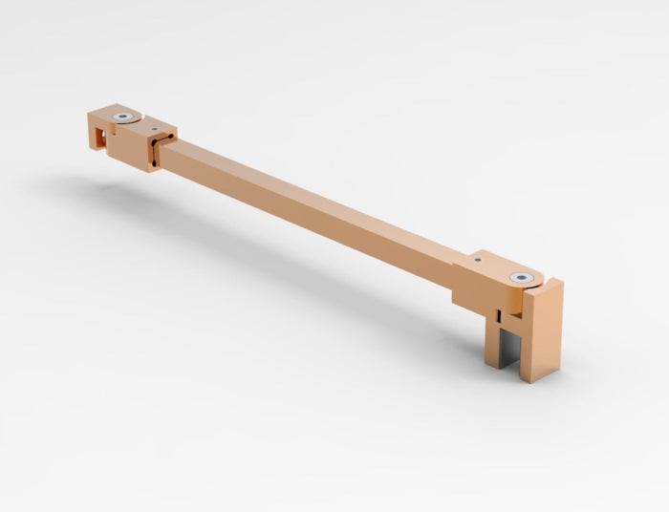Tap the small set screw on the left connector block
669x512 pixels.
[x=150, y=124]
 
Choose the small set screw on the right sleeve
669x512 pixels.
[x=475, y=259]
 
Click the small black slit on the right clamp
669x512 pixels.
[x=500, y=312]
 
